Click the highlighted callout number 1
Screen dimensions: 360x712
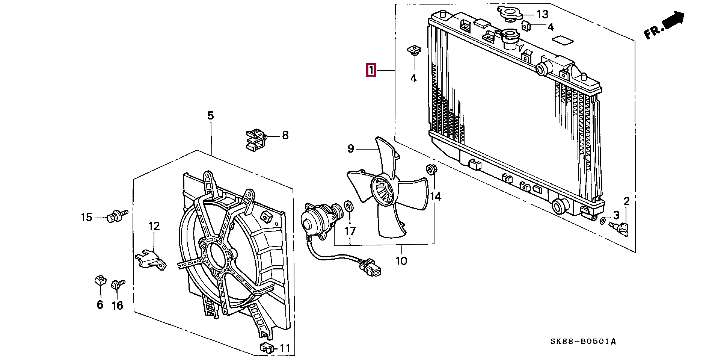tap(371, 70)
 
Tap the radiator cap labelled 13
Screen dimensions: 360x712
tap(510, 14)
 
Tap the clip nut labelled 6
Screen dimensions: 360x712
tap(99, 280)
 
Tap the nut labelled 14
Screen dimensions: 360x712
tap(431, 170)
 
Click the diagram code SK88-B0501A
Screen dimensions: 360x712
tap(583, 342)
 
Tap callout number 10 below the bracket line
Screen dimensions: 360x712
tap(401, 260)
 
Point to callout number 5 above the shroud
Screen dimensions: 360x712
tap(210, 116)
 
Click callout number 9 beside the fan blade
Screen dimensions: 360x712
tap(350, 149)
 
